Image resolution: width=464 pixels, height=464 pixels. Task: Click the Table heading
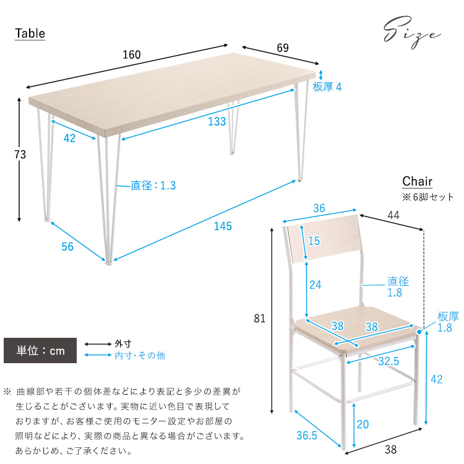[x=30, y=33]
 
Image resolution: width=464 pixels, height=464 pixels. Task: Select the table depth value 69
[x=282, y=48]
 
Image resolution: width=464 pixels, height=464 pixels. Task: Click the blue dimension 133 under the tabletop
[x=217, y=122]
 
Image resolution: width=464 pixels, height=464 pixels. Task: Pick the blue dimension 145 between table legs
[x=223, y=226]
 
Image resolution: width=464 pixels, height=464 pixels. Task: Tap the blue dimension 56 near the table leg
[x=67, y=247]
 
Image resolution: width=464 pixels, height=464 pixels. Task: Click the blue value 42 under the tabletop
[x=69, y=138]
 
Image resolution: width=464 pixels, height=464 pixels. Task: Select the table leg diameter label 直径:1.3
[x=153, y=185]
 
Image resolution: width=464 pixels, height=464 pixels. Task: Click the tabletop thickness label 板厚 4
[x=327, y=87]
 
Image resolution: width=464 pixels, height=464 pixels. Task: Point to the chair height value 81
[x=259, y=319]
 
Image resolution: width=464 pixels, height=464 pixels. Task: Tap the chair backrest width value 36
[x=319, y=208]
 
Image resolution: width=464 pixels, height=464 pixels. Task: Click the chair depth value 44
[x=394, y=214]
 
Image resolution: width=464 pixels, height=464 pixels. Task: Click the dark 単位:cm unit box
[x=40, y=351]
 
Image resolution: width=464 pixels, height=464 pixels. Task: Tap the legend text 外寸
[x=123, y=343]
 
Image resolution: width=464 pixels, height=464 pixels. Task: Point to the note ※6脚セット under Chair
[x=428, y=197]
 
